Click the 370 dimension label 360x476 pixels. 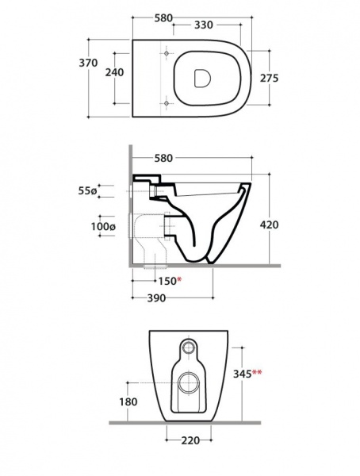(x=88, y=63)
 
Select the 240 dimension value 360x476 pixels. (x=114, y=72)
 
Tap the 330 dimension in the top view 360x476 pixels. (x=203, y=25)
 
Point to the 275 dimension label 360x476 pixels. (x=269, y=78)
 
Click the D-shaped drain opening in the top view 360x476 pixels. (x=202, y=79)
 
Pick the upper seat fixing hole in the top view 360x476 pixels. (x=166, y=53)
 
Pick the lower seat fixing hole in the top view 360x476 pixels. (x=166, y=103)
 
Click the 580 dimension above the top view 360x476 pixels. (x=163, y=18)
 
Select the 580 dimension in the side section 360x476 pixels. (x=163, y=158)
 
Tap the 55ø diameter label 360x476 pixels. (x=87, y=191)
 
